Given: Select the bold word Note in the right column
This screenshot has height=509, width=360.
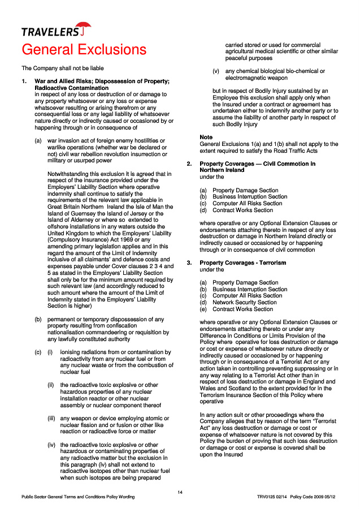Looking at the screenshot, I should pos(206,137).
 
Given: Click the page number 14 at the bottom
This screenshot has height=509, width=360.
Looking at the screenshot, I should pos(180,492).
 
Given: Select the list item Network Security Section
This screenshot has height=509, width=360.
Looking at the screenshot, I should pos(245,303).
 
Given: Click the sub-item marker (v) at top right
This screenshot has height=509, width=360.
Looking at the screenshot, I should pos(216,71).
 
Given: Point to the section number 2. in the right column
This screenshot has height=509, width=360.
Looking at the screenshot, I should pos(190,164).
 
